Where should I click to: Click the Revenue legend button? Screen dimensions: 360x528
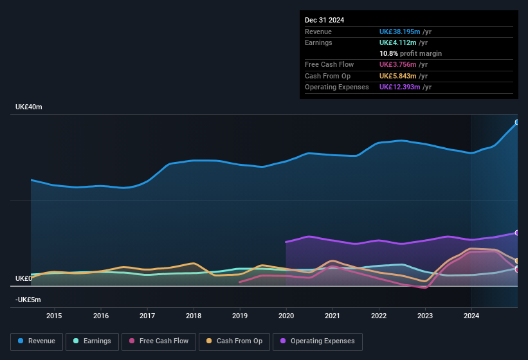tap(37, 341)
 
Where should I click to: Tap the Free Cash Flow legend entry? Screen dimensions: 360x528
tap(159, 341)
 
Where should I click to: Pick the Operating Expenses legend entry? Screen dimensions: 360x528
tap(318, 341)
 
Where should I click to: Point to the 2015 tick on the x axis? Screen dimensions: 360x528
tap(54, 316)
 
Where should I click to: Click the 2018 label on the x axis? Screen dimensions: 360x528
tap(194, 316)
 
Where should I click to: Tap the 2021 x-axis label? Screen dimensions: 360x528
tap(332, 316)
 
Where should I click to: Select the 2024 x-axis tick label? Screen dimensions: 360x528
tap(471, 316)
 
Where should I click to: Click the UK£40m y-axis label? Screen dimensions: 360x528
tap(29, 107)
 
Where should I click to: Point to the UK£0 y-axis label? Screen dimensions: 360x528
tap(24, 278)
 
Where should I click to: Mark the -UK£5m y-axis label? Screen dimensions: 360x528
tap(28, 300)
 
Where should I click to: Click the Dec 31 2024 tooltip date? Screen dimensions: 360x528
tap(324, 20)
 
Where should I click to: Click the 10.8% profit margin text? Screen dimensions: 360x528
tap(410, 53)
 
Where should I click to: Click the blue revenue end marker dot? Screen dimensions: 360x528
tap(517, 122)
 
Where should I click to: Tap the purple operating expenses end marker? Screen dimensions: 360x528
tap(517, 233)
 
